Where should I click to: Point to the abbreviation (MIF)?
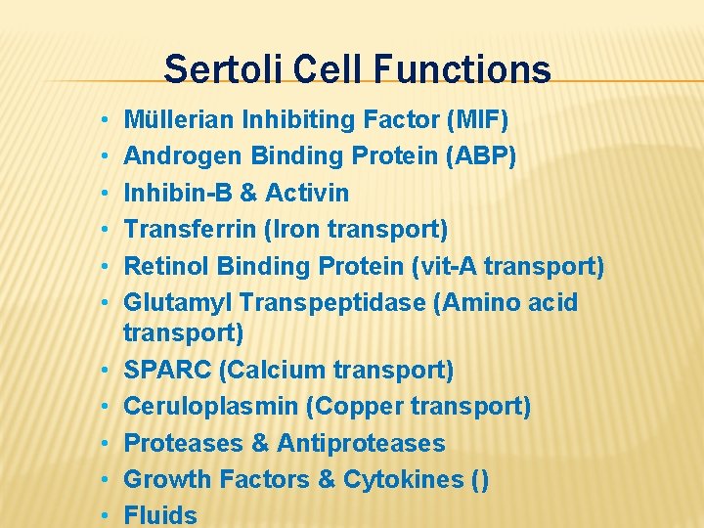476,120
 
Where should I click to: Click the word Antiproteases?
361,443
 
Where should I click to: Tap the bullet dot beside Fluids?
104,516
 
